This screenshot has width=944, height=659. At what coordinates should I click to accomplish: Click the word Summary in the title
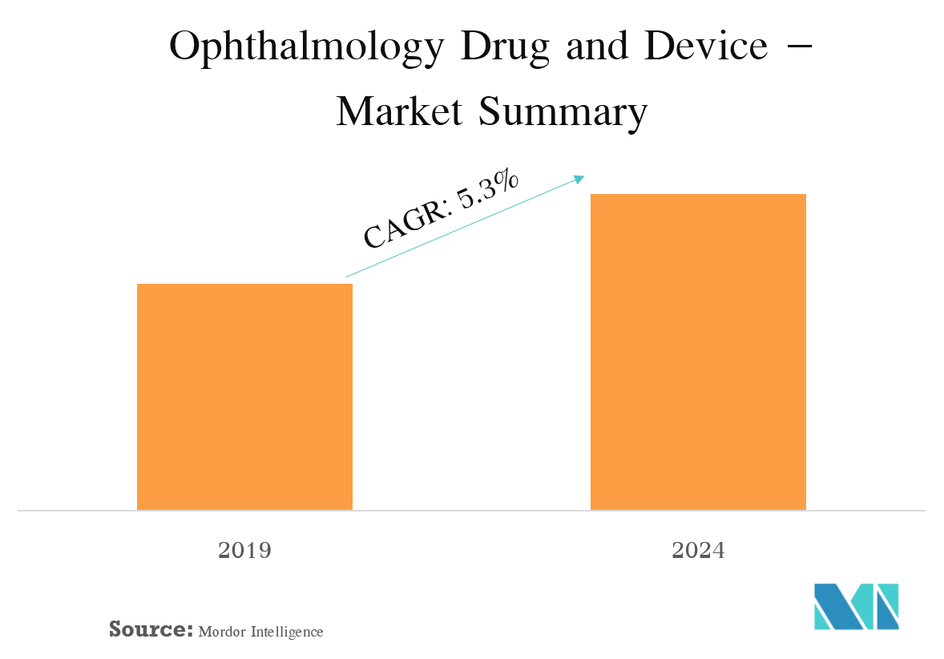coord(562,112)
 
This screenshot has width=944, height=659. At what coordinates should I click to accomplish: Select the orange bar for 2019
coord(244,397)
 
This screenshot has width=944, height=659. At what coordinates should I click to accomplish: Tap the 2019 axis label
coord(244,551)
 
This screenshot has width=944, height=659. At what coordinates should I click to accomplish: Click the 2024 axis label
coord(698,551)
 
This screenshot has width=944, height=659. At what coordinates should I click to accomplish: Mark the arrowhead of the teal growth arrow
coord(582,178)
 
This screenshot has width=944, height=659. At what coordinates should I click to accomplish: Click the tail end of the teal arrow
coord(347,277)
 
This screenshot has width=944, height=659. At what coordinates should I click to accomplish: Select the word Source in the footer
coord(151,629)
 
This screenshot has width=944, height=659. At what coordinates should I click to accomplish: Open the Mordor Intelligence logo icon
coord(856,606)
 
